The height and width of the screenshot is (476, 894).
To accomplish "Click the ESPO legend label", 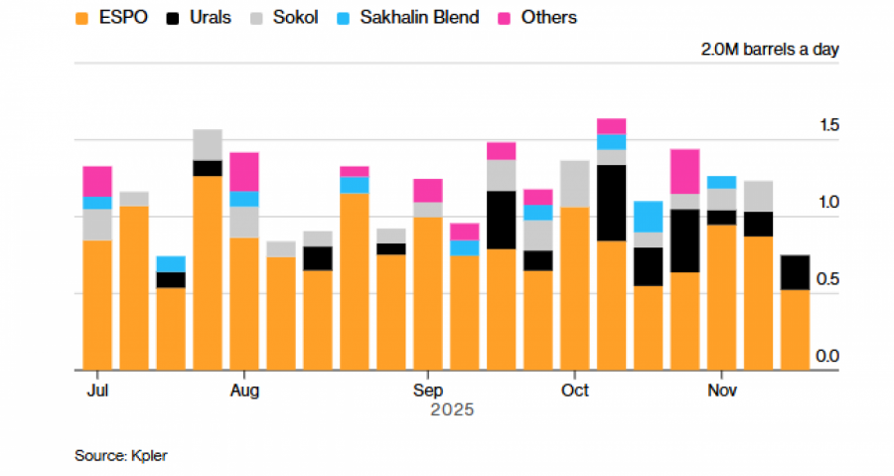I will [122, 17].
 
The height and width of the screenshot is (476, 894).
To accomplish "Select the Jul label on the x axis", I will [97, 391].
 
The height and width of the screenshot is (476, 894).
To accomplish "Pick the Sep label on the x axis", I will [428, 391].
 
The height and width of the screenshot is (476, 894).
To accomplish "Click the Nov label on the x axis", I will [722, 391].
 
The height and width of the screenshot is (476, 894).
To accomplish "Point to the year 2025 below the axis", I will [452, 409].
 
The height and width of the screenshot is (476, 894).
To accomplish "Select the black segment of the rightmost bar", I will [795, 272].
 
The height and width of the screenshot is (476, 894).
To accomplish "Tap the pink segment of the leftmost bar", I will [97, 181].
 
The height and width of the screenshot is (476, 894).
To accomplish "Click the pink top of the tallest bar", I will [612, 126].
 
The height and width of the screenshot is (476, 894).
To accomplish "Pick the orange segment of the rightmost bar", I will [795, 329].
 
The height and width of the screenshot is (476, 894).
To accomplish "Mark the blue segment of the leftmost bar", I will [97, 203].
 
